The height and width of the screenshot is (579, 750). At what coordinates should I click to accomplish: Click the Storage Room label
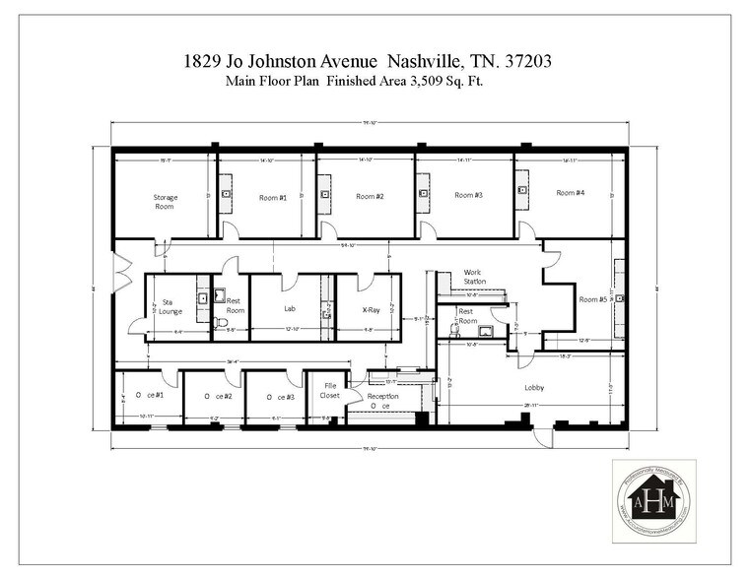coord(165,202)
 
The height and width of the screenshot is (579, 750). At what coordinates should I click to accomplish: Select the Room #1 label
coord(273,198)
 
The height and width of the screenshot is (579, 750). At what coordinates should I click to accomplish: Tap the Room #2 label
coord(370,196)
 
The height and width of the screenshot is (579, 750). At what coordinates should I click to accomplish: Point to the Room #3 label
coord(468,195)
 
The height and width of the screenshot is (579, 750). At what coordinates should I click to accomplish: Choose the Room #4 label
coord(570,192)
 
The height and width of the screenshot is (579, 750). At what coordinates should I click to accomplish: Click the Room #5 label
coord(593,299)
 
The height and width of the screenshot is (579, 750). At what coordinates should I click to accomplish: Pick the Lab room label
coord(291,307)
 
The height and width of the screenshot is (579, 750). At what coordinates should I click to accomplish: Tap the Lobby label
coord(534,387)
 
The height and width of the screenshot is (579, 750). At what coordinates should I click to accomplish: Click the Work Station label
coord(476,277)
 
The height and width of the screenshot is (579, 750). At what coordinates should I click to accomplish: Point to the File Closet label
coord(330,391)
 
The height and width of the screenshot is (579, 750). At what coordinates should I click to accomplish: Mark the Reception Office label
coord(382,400)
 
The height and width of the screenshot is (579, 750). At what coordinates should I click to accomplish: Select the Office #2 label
coord(219,395)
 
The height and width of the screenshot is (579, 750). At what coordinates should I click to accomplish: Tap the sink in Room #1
coord(226,194)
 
